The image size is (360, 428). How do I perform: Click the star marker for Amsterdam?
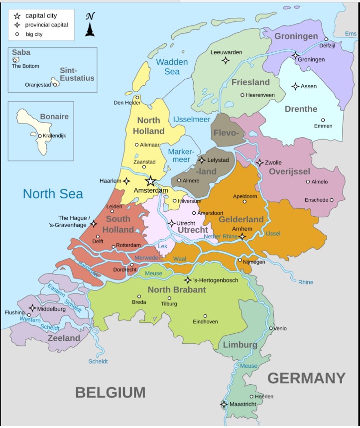150,181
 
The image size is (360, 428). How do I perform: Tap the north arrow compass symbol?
90,24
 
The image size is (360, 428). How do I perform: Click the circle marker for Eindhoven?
205,316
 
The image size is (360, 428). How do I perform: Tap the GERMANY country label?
306,378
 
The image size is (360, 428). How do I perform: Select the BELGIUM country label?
110,393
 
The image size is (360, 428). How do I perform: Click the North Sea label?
53,194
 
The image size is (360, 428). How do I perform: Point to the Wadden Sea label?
172,67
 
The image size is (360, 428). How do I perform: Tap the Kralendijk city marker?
40,136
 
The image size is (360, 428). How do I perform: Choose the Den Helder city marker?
137,97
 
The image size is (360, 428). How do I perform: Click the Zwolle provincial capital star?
259,162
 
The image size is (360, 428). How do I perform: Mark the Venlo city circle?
271,328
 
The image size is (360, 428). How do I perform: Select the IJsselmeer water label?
191,120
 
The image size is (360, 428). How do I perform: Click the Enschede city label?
316,200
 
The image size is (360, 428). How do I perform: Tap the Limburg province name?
240,345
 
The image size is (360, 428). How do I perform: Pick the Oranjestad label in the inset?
38,85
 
